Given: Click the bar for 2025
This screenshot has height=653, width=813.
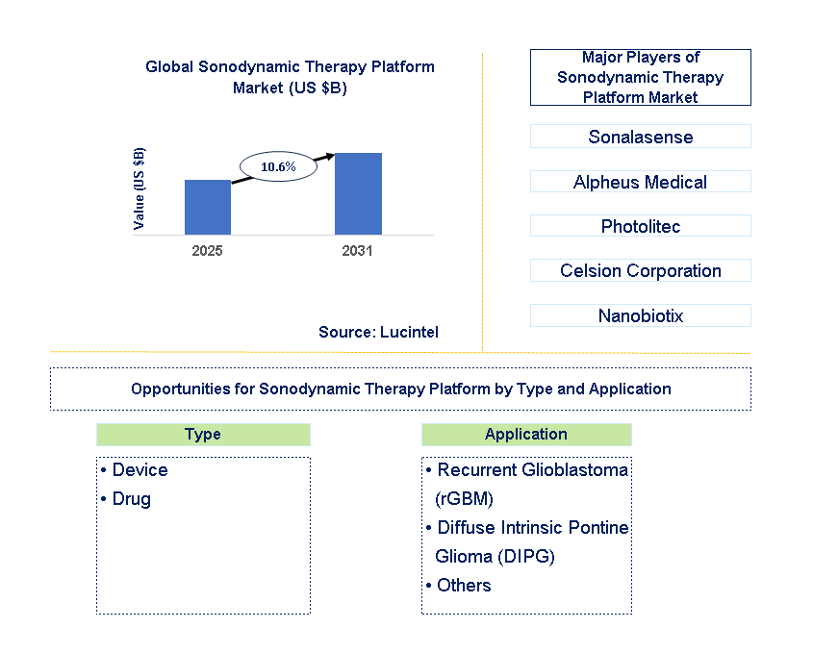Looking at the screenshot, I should pos(208,207).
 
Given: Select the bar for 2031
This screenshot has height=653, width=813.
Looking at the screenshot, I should pos(358,193).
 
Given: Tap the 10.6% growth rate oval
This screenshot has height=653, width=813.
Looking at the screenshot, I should pos(278,166).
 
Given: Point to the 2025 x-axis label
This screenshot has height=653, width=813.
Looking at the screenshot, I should pos(208,251).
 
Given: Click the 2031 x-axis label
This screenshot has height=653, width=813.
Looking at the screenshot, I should pos(358,251).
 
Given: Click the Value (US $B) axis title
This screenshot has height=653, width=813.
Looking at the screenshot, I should pos(140,188).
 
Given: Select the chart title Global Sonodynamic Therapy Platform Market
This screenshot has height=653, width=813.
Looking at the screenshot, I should pos(290,77).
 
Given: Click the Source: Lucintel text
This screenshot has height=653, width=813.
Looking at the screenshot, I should pos(378,332).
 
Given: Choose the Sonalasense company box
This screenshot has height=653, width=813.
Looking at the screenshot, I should pos(640,137).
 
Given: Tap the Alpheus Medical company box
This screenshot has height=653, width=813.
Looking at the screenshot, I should pos(640,182).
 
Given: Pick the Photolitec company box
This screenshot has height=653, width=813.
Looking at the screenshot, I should pos(640,226).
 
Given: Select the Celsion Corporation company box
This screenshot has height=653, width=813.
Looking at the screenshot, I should pos(640,270).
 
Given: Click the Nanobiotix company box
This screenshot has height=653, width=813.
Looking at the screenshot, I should pos(640,315).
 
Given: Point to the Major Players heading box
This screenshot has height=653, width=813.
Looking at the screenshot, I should pos(640,77).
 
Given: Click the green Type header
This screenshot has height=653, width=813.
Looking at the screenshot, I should pos(203,435).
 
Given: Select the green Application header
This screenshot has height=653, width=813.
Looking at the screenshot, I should pos(526,435).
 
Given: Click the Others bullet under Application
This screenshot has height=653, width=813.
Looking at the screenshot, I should pos(459,585).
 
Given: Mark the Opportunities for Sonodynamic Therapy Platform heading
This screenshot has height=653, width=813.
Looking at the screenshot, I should pos(400,389).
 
